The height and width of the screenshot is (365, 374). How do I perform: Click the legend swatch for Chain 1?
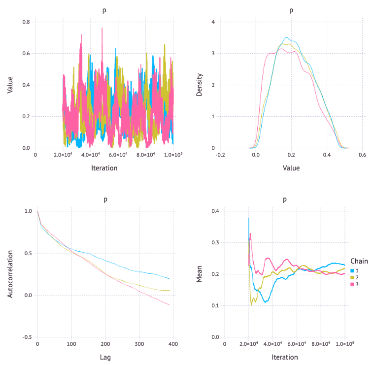(x=352, y=271)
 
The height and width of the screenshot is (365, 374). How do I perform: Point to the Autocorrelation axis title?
(x=10, y=274)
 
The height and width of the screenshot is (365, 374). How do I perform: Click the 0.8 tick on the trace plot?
(x=26, y=22)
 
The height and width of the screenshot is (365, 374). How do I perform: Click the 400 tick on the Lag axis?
(x=172, y=344)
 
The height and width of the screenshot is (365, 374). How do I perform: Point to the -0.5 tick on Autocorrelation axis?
(x=25, y=337)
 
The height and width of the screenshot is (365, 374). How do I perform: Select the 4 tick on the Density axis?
(x=212, y=22)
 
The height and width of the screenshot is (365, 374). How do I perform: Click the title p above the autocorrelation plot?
(x=104, y=199)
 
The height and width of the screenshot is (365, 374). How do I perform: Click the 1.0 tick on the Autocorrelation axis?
(x=26, y=211)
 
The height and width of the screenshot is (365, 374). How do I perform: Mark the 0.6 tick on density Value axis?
(x=362, y=155)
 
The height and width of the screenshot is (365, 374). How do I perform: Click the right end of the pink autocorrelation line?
(x=169, y=305)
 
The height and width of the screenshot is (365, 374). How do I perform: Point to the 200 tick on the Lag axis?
(x=104, y=344)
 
